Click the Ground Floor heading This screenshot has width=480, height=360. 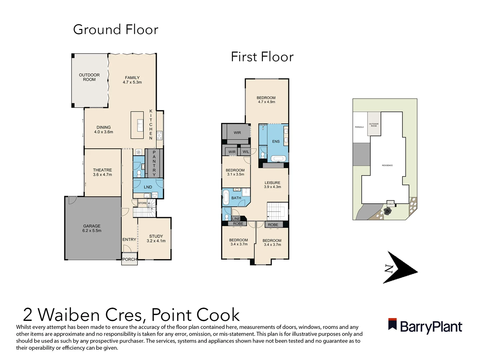116,30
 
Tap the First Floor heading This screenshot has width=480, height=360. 262,57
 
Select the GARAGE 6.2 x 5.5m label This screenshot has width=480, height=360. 92,228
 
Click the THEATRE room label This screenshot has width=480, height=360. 102,172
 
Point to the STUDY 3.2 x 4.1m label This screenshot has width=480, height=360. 156,238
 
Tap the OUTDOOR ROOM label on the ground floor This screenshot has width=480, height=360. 89,77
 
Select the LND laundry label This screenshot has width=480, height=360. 148,187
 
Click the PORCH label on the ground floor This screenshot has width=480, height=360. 129,259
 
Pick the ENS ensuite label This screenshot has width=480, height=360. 276,141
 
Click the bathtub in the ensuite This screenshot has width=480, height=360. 278,159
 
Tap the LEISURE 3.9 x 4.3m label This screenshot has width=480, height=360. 272,185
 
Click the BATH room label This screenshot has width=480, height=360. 236,198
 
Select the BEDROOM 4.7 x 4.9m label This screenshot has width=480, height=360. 266,100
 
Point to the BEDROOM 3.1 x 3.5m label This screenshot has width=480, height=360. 235,172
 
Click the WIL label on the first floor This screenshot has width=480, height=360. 245,152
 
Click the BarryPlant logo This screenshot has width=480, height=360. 425,326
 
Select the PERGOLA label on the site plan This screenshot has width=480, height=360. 359,127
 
